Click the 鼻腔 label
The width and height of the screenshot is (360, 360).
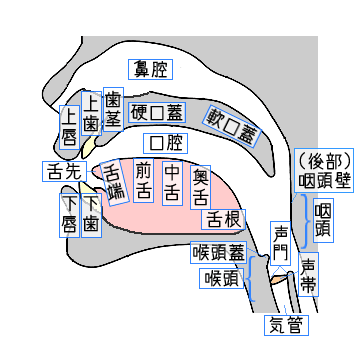tap(150, 69)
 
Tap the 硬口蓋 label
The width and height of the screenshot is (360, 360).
tap(157, 112)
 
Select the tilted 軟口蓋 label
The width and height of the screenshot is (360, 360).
tap(233, 126)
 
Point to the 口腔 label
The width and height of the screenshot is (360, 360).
tap(166, 143)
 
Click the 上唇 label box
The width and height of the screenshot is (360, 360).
tap(70, 127)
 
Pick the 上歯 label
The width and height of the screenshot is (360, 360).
tap(91, 113)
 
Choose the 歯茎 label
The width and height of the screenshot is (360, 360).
tap(113, 109)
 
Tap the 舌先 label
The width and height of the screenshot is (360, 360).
tap(65, 171)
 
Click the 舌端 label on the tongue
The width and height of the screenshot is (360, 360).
tap(115, 182)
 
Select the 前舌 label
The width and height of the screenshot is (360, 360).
tap(143, 180)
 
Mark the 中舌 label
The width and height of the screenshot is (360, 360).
tap(173, 184)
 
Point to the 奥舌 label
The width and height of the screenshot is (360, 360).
tap(200, 187)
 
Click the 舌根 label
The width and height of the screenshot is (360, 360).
tap(223, 219)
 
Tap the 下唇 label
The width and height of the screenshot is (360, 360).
tap(70, 215)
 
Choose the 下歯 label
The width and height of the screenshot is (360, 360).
tap(91, 215)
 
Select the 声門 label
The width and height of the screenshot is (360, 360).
tap(280, 243)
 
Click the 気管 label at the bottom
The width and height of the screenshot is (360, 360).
tap(287, 325)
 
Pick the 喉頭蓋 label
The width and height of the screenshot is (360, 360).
tap(219, 253)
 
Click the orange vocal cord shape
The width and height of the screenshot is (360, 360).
tap(279, 279)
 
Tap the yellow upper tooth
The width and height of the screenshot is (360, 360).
tap(88, 148)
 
